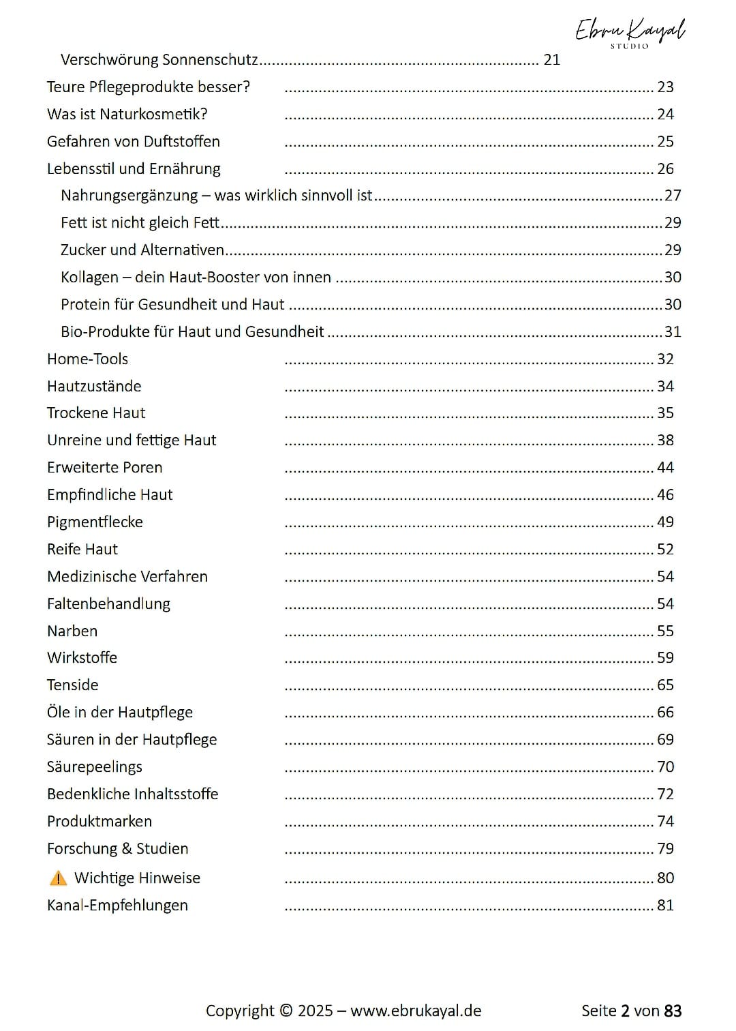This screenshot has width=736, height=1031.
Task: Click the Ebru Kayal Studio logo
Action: pyautogui.click(x=630, y=32)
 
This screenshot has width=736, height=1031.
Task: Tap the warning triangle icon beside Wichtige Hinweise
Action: pyautogui.click(x=59, y=878)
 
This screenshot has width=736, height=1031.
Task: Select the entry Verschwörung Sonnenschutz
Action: pyautogui.click(x=159, y=60)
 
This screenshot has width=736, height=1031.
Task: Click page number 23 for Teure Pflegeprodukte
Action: pyautogui.click(x=665, y=87)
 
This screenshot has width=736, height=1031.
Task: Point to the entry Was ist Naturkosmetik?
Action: pyautogui.click(x=127, y=115)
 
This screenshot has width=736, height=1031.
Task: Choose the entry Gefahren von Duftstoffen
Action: pyautogui.click(x=133, y=142)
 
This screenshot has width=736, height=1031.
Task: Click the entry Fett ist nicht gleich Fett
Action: pyautogui.click(x=140, y=223)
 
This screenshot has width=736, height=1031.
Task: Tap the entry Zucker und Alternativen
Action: pyautogui.click(x=142, y=250)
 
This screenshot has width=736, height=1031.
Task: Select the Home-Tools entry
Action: pyautogui.click(x=87, y=359)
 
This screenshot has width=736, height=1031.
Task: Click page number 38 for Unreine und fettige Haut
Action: pyautogui.click(x=665, y=440)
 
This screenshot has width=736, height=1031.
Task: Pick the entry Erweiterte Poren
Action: pyautogui.click(x=104, y=468)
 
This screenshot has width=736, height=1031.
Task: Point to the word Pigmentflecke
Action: pyautogui.click(x=95, y=522)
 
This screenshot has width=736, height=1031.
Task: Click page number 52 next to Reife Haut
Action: pyautogui.click(x=665, y=550)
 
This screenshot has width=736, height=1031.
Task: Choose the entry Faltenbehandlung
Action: pyautogui.click(x=108, y=604)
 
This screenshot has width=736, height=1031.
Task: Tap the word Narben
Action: pyautogui.click(x=72, y=631)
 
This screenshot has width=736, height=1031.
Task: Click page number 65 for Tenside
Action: pyautogui.click(x=665, y=685)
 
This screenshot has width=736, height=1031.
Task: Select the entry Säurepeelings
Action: pyautogui.click(x=94, y=767)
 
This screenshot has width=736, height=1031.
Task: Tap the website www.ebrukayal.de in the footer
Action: pyautogui.click(x=416, y=1011)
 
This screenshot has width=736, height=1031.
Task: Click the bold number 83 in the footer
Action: pyautogui.click(x=673, y=1011)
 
